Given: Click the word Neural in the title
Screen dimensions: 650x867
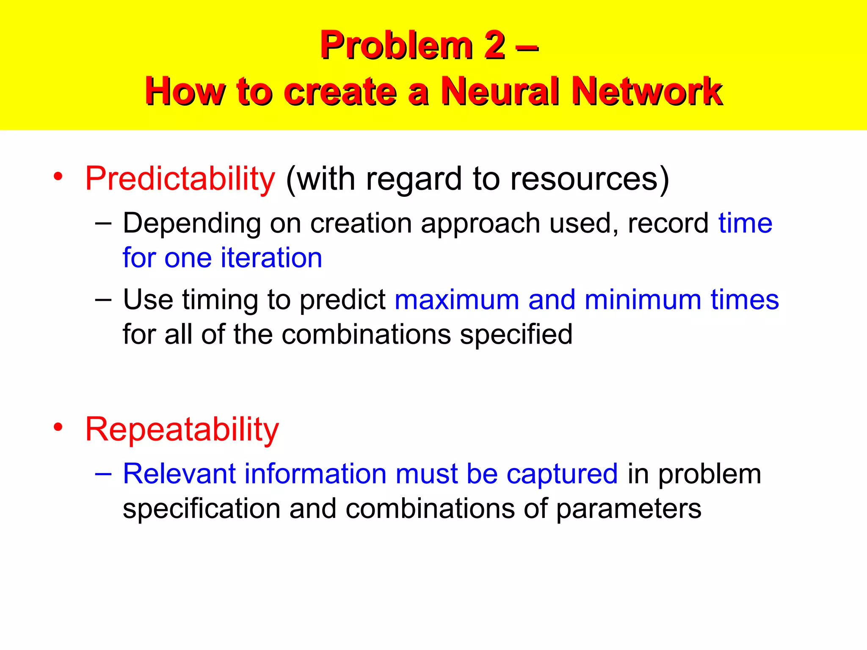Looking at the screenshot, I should [x=500, y=91].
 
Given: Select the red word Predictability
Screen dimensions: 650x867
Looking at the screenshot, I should [x=180, y=179].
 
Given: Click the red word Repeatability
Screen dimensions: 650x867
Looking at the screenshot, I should [x=182, y=430].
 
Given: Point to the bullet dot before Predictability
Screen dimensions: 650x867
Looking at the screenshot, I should [x=58, y=176].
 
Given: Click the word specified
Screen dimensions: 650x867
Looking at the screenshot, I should [x=516, y=335].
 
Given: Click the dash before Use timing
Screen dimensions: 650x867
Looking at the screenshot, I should [x=103, y=300].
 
